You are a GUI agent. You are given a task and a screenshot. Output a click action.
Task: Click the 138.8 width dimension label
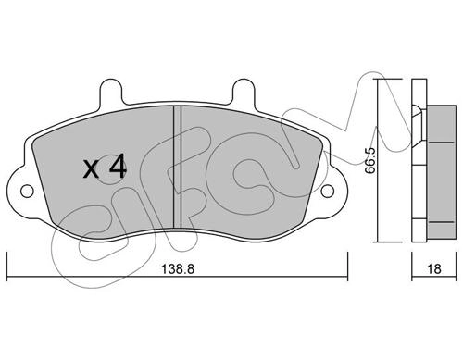(x=178, y=269)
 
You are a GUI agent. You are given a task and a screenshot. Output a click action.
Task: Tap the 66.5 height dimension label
(x=369, y=160)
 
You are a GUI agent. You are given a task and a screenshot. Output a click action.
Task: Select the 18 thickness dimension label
(x=434, y=269)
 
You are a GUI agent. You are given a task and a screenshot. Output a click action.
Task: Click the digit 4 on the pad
(x=118, y=167)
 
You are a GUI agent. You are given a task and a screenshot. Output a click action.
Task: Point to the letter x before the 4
(x=92, y=169)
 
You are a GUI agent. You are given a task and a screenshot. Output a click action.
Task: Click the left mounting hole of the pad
(x=27, y=192)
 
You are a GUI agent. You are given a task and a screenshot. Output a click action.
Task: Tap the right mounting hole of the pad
(x=328, y=192)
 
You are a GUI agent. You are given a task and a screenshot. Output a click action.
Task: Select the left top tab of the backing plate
(x=111, y=92)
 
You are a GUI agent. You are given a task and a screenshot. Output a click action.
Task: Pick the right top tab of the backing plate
(x=244, y=92)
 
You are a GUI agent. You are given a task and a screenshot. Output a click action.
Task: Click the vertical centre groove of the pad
(x=177, y=168)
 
